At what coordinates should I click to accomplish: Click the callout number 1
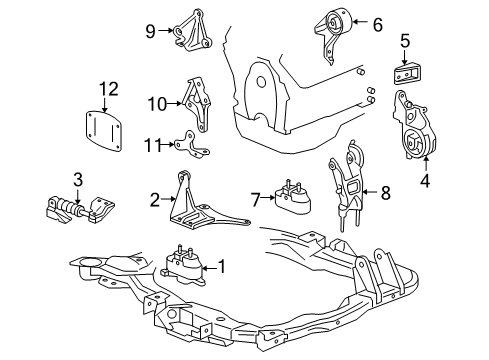pyautogui.click(x=222, y=268)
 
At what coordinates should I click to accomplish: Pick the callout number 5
pyautogui.click(x=404, y=42)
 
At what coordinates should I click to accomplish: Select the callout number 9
pyautogui.click(x=151, y=32)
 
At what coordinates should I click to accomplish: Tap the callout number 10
pyautogui.click(x=154, y=102)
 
